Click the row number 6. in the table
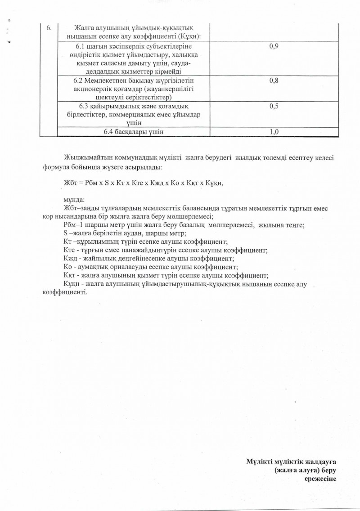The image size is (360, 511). pyautogui.click(x=49, y=28)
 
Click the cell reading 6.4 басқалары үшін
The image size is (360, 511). pyautogui.click(x=133, y=132)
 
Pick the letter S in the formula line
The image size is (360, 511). pyautogui.click(x=106, y=183)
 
